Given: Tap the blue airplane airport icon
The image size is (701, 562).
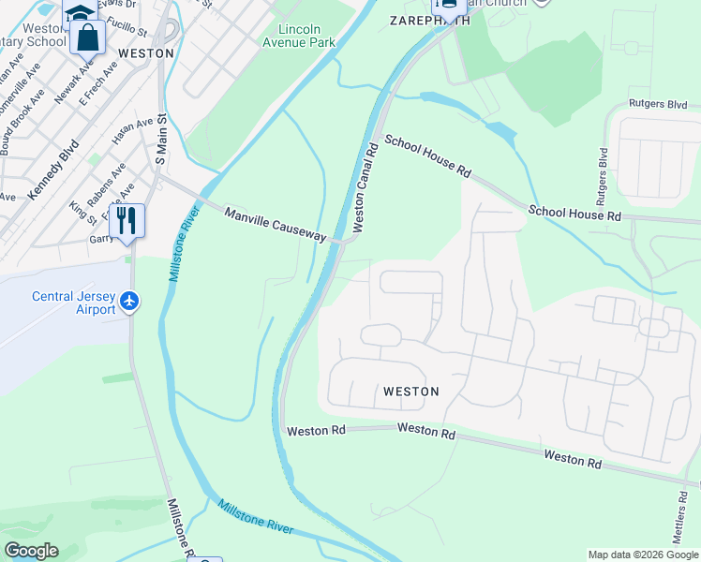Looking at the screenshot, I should click(129, 302).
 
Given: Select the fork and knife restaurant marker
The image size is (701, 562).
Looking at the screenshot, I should click(127, 220).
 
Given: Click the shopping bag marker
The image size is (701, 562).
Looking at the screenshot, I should click(88, 37).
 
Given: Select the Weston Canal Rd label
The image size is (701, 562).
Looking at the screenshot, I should click(365, 187).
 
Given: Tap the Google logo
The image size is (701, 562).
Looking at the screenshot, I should click(31, 551).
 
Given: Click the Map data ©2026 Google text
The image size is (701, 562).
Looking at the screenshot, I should click(643, 555).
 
